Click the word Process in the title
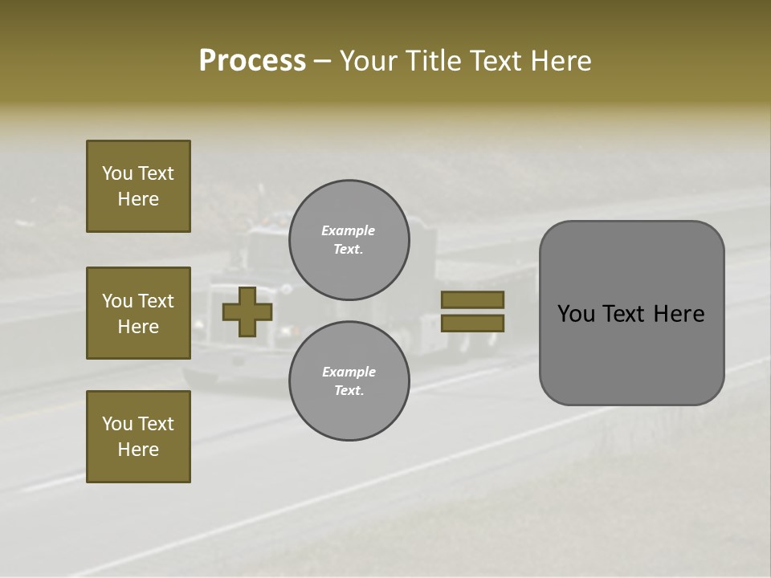pos(252,61)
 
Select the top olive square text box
pos(138,186)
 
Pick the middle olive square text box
pos(138,313)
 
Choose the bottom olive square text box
pos(138,437)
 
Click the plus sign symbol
pos(247,312)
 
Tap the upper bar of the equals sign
pos(473,299)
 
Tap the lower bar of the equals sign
pos(473,323)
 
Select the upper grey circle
pos(349,240)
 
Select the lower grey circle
pos(349,381)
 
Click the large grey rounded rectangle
pos(631,313)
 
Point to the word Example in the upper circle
pos(348,230)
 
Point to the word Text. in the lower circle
pos(349,390)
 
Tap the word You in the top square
pos(117,173)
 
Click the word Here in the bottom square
pos(138,450)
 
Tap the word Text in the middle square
pos(156,301)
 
